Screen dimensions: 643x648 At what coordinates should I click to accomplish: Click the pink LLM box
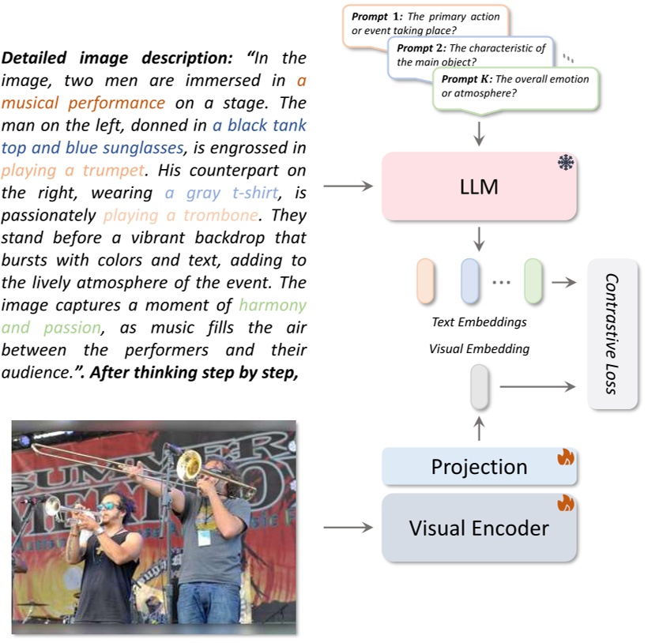(x=479, y=186)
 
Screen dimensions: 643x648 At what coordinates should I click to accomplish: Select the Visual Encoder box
(x=479, y=528)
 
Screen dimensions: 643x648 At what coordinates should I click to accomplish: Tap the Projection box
(x=479, y=466)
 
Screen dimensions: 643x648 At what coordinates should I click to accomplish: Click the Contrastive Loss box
(x=612, y=333)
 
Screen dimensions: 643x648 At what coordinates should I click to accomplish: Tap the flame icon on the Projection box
(x=566, y=457)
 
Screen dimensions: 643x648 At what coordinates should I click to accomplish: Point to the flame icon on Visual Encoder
(x=566, y=503)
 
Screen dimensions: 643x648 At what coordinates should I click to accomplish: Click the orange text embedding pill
(x=425, y=281)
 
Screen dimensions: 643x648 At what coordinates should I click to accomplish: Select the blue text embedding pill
(x=471, y=281)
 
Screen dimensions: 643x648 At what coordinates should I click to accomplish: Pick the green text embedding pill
(x=533, y=281)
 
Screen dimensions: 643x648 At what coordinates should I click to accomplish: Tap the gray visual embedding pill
(x=480, y=387)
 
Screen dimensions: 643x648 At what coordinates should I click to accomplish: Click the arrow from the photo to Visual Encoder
(x=347, y=527)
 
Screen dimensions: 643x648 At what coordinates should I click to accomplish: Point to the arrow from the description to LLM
(x=347, y=187)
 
